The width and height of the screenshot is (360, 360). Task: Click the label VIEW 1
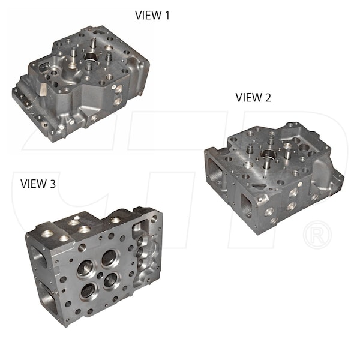[152, 16]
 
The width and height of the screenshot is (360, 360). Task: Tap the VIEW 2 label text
[253, 97]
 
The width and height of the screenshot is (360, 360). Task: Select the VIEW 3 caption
[38, 184]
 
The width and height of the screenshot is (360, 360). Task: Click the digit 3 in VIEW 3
[53, 184]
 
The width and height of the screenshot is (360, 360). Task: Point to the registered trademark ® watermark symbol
[317, 235]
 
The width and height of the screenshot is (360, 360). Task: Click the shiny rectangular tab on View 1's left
[43, 90]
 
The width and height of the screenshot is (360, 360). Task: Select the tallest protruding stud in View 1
[94, 44]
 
